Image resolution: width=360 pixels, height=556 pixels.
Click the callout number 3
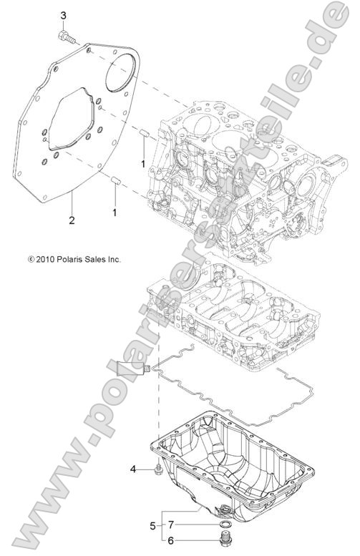(x=63, y=15)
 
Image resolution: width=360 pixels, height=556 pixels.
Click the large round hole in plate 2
(x=120, y=69)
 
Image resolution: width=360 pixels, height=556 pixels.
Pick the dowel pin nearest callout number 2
(x=115, y=179)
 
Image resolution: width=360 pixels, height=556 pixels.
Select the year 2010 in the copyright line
(x=47, y=259)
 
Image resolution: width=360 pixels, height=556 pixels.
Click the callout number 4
(x=133, y=469)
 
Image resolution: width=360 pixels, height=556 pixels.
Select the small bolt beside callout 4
(x=154, y=469)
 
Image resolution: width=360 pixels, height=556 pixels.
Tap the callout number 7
(x=171, y=525)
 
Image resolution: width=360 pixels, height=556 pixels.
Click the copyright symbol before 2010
(x=31, y=259)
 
